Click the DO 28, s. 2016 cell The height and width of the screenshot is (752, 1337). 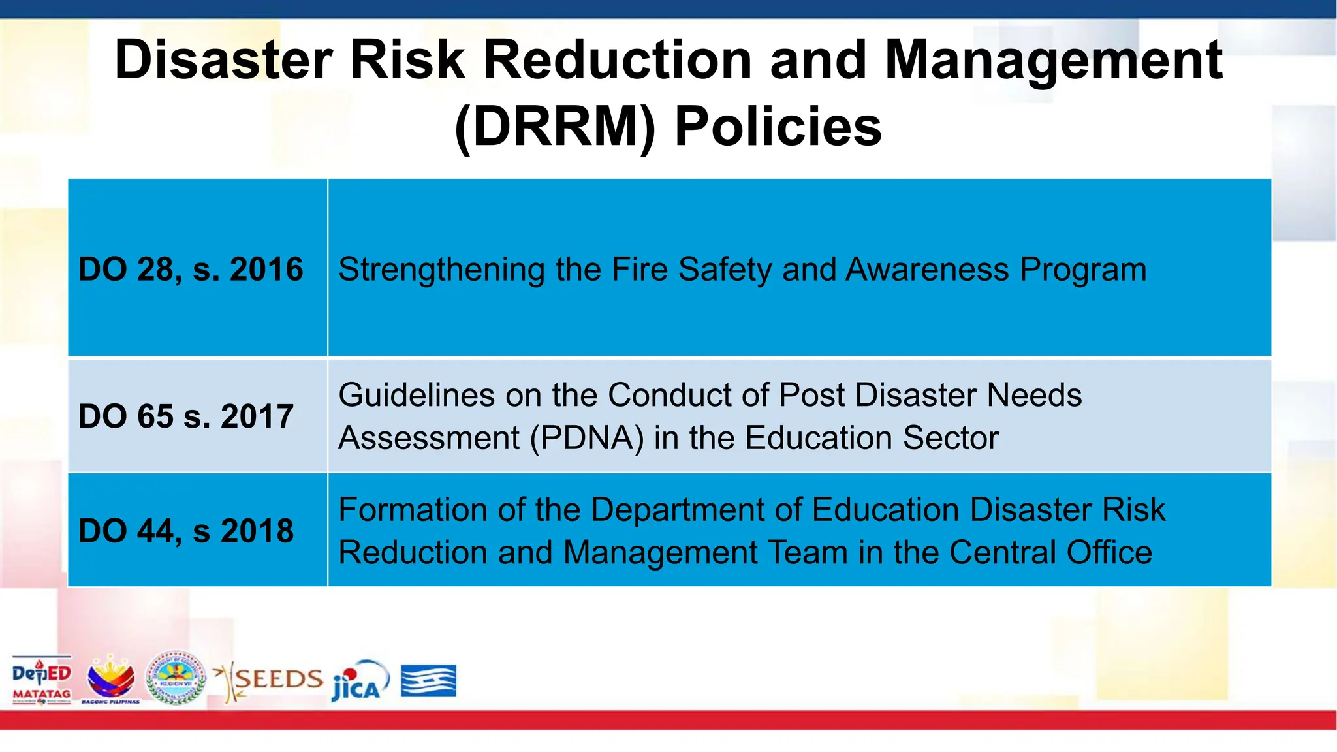(191, 269)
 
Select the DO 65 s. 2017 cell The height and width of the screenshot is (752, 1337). (186, 416)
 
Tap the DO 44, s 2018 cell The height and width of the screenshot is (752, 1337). (186, 531)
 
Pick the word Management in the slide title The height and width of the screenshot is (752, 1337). (1052, 60)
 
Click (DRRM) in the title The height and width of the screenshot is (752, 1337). (555, 127)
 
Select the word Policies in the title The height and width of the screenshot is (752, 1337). (778, 127)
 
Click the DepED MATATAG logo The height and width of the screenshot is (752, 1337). (41, 680)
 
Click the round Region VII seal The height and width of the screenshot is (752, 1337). (176, 678)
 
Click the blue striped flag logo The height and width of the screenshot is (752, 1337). (428, 681)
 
